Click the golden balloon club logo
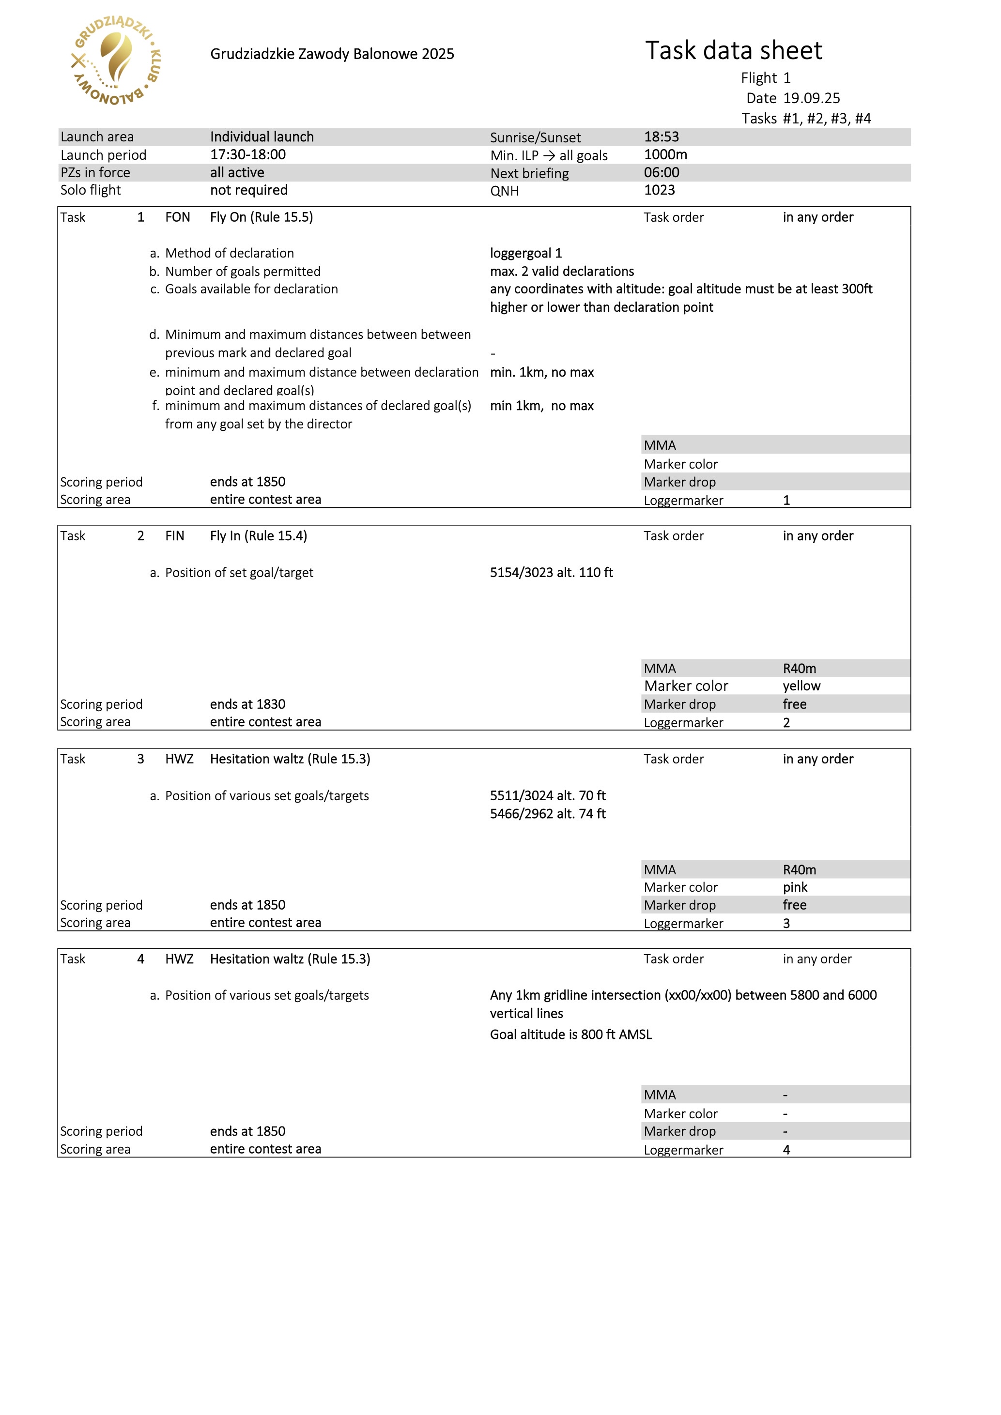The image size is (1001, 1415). click(x=117, y=61)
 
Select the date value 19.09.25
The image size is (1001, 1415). click(x=811, y=98)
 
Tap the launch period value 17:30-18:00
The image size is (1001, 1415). click(x=248, y=155)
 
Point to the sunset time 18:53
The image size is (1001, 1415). click(x=662, y=137)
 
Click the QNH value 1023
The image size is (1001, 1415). click(x=659, y=190)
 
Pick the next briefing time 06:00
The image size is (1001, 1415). click(x=662, y=172)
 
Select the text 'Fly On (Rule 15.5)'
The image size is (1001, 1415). click(x=262, y=217)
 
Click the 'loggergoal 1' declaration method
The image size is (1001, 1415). click(x=526, y=253)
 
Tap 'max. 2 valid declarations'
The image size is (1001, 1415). click(x=562, y=271)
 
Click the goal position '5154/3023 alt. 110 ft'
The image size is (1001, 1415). click(x=551, y=573)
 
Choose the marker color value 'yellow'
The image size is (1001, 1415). click(x=801, y=686)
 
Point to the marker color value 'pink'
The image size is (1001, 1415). click(x=795, y=887)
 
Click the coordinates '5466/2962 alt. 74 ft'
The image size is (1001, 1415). click(x=547, y=813)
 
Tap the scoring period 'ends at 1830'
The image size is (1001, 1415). click(x=248, y=704)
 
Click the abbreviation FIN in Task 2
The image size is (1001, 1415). click(x=174, y=535)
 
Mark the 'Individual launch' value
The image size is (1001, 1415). click(x=262, y=137)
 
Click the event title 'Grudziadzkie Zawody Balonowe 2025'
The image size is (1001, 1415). click(x=332, y=54)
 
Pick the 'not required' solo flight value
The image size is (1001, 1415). click(x=248, y=190)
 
